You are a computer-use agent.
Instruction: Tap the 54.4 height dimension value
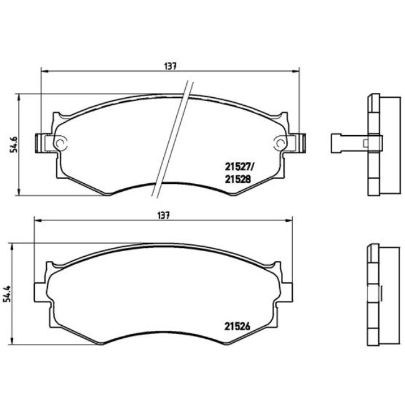(x=7, y=292)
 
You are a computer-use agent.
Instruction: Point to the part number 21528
(x=236, y=178)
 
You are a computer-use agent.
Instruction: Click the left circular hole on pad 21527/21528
(x=60, y=143)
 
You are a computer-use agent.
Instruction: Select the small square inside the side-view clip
(x=365, y=143)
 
